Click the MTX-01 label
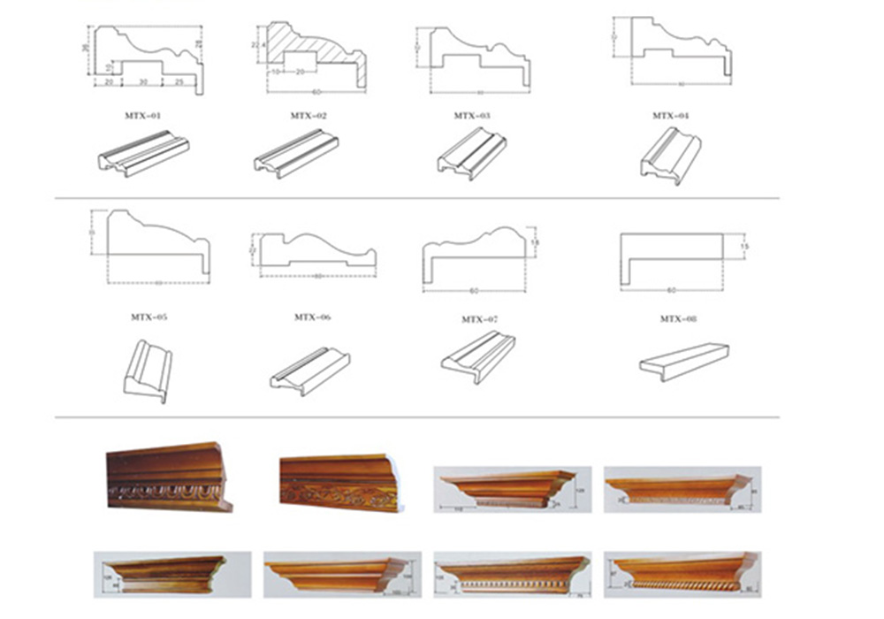point(143,115)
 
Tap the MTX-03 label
point(472,115)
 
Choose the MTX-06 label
point(311,316)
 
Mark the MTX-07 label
point(479,318)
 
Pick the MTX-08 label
point(678,318)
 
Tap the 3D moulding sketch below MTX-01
point(143,152)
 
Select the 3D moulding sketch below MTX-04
point(670,156)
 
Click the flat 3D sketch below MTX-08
point(683,361)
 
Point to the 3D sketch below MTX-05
point(148,371)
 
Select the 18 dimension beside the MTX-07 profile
point(534,241)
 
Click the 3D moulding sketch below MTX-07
point(478,355)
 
